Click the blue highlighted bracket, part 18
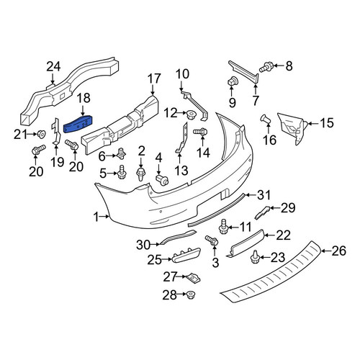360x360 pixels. [x=78, y=124]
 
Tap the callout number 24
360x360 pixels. [x=53, y=67]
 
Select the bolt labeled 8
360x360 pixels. [x=265, y=67]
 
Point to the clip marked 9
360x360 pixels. [x=232, y=82]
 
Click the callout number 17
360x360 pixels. [x=154, y=78]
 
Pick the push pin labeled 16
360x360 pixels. [x=266, y=120]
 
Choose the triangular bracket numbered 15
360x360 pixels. [x=292, y=127]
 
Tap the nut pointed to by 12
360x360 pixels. [x=191, y=115]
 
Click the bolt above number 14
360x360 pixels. [x=201, y=132]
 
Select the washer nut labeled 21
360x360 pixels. [x=41, y=135]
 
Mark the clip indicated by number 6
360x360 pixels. [x=122, y=153]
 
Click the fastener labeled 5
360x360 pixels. [x=122, y=172]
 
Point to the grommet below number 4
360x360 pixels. [x=162, y=180]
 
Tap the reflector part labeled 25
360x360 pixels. [x=186, y=255]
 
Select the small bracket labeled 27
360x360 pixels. [x=194, y=278]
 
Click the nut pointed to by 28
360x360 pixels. [x=192, y=294]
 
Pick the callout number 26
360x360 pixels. [x=339, y=251]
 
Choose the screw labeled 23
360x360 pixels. [x=254, y=257]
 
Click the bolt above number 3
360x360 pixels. [x=212, y=240]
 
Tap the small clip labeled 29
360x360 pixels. [x=262, y=212]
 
